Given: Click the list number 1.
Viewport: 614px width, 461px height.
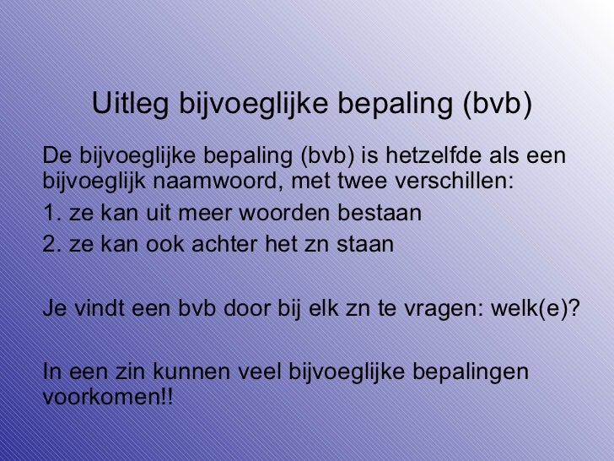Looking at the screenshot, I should click(48, 212).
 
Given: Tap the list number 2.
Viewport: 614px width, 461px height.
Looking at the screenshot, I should click(48, 245).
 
